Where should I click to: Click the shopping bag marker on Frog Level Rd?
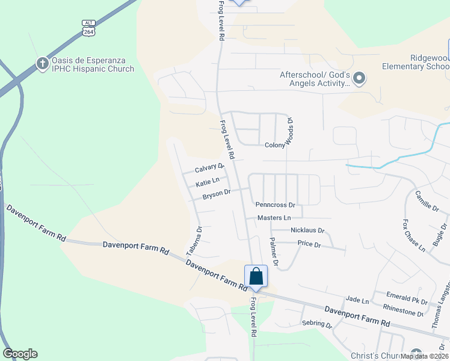click(x=256, y=276)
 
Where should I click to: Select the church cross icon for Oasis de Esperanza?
click(x=42, y=63)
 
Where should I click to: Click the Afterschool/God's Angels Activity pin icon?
click(x=359, y=78)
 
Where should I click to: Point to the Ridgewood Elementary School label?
click(x=429, y=61)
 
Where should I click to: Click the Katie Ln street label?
click(x=208, y=180)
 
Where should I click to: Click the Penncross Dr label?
click(x=275, y=205)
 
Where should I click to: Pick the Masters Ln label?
click(x=274, y=217)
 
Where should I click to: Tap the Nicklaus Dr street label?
click(x=307, y=230)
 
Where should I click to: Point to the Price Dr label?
click(x=309, y=244)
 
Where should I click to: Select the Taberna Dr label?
click(x=199, y=238)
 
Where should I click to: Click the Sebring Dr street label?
click(x=316, y=324)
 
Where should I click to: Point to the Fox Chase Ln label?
click(x=415, y=235)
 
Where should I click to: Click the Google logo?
click(x=20, y=354)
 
